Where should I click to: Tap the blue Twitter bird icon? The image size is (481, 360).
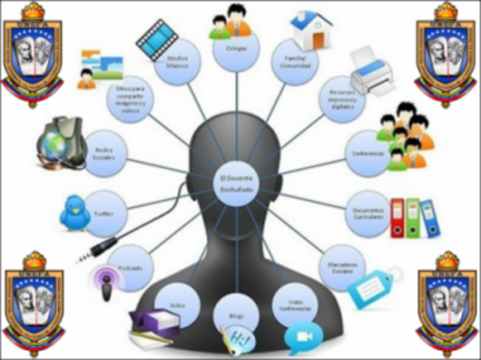point(74,213)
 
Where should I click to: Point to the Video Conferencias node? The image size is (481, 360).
point(296,304)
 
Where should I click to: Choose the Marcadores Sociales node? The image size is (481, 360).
point(343,268)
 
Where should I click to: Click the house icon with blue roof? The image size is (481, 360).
point(312,30)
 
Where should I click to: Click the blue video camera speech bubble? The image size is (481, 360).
point(303,338)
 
